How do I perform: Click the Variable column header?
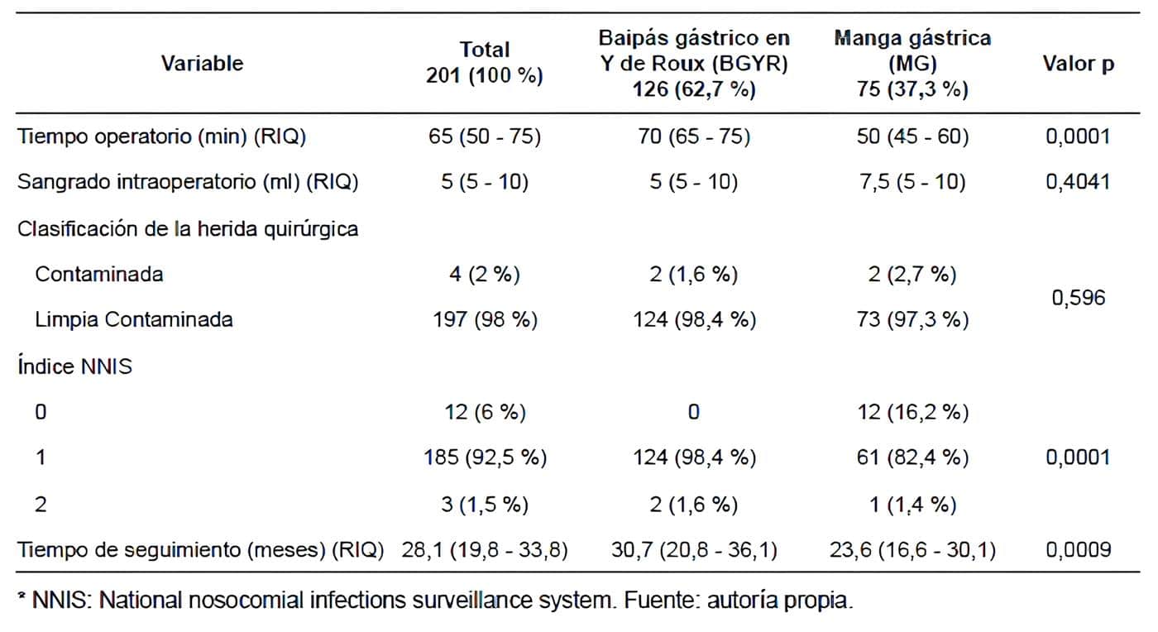(x=202, y=63)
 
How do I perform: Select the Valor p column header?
(x=1078, y=64)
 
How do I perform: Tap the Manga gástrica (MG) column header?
(x=912, y=64)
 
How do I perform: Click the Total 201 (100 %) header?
(x=485, y=63)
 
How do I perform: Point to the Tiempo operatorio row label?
(x=162, y=136)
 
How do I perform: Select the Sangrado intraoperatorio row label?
(x=188, y=182)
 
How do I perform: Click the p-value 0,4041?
(x=1078, y=182)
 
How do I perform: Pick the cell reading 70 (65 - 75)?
(x=695, y=136)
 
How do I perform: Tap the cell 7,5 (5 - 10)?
(x=912, y=182)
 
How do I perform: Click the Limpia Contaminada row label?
(x=133, y=319)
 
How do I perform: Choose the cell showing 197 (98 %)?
(x=485, y=319)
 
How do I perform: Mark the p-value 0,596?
(x=1078, y=297)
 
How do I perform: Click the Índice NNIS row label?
(x=74, y=366)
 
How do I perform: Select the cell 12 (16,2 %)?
(x=912, y=411)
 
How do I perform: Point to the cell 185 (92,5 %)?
(x=485, y=457)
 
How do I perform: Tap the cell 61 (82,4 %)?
(x=912, y=457)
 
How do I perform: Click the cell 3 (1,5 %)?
(x=485, y=504)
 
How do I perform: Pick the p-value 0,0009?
(x=1078, y=549)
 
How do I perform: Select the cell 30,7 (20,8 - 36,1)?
(x=695, y=549)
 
